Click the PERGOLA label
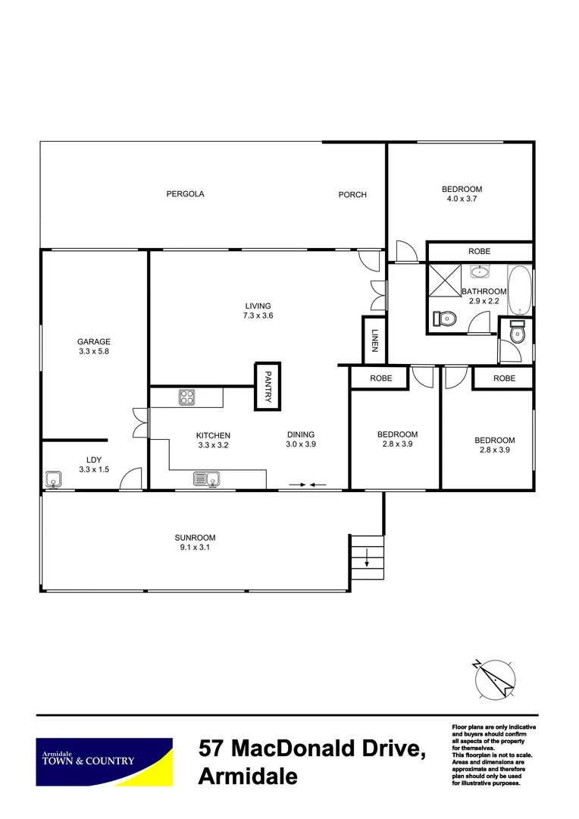point(185,194)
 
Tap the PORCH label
point(352,195)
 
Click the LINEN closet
point(374,340)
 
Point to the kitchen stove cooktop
point(187,396)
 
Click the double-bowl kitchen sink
point(206,479)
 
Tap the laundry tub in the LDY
point(52,479)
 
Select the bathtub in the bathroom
point(520,290)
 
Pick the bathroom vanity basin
point(479,271)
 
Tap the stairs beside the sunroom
point(367,557)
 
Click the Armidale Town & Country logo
point(105,761)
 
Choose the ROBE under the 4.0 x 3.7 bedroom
point(479,251)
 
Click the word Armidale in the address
point(247,777)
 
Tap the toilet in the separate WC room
point(517,334)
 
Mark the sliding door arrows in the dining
point(308,484)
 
